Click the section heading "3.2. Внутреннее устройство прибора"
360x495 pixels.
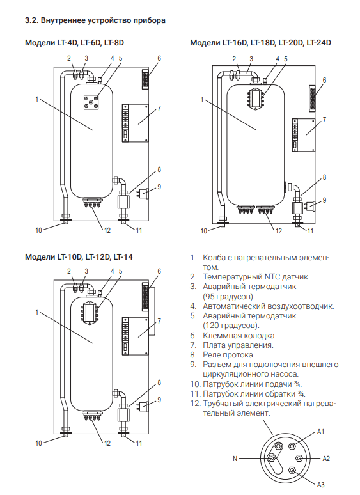[95, 20]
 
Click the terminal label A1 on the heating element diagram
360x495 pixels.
[320, 432]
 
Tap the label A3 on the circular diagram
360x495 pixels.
[320, 484]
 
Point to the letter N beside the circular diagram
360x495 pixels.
[235, 459]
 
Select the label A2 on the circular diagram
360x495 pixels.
[326, 459]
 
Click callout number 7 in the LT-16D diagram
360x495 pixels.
[324, 120]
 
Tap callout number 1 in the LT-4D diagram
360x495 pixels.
[37, 99]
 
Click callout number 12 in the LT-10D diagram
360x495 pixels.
[107, 443]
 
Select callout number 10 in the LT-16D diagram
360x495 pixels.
[203, 231]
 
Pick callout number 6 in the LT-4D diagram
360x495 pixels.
[159, 58]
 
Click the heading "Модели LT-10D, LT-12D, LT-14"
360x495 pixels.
[79, 256]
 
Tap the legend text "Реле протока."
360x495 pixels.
[229, 355]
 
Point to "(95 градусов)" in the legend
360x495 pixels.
[229, 297]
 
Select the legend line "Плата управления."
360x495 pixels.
[239, 345]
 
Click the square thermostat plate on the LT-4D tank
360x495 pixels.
[91, 102]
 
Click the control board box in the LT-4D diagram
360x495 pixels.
[136, 123]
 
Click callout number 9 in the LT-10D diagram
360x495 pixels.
[159, 400]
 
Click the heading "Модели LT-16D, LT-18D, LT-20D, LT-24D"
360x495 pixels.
[261, 43]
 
